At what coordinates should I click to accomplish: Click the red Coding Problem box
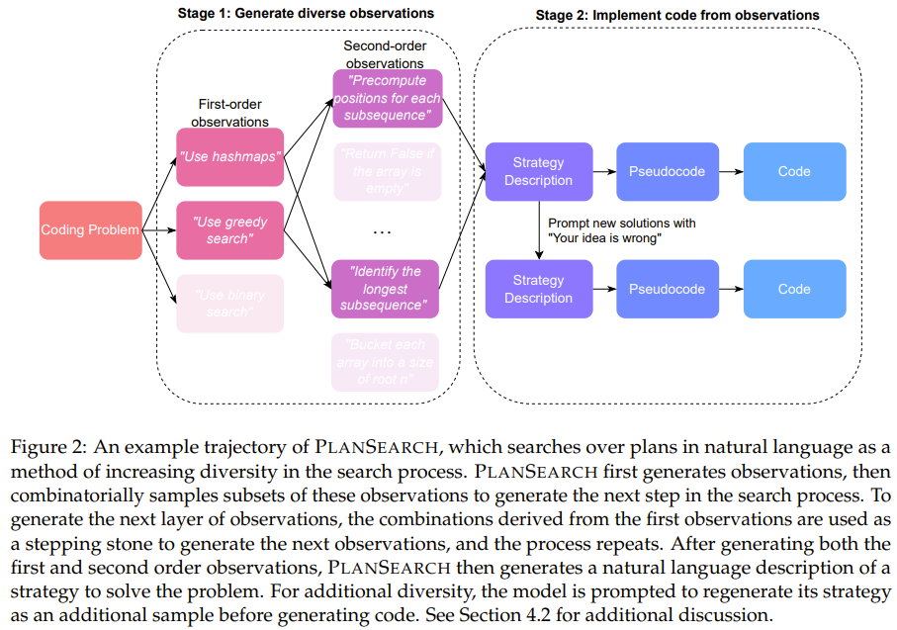(90, 230)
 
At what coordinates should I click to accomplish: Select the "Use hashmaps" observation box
(229, 157)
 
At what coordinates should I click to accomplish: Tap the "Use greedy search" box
(229, 230)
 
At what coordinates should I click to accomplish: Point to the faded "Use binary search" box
(229, 303)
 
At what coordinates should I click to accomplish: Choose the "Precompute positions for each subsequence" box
(387, 98)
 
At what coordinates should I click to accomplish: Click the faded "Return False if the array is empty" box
(387, 171)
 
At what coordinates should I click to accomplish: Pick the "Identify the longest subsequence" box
(387, 288)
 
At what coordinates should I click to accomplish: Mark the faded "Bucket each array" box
(387, 361)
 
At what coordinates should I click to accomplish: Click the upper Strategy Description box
(538, 171)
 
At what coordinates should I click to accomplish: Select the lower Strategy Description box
(538, 289)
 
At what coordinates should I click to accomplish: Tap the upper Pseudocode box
(667, 171)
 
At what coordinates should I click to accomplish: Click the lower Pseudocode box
(667, 289)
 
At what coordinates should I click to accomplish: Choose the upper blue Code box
(794, 171)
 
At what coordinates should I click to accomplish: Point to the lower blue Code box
(794, 289)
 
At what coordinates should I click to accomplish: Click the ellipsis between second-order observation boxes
(383, 231)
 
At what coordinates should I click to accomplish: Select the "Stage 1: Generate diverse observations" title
(307, 13)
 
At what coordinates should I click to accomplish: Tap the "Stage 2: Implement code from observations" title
(676, 15)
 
